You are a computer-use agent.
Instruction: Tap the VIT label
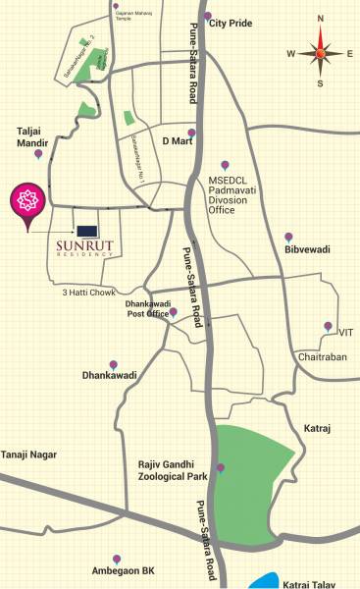point(345,333)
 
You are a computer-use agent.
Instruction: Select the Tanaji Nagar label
point(28,455)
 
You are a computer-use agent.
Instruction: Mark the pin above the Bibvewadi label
point(288,237)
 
